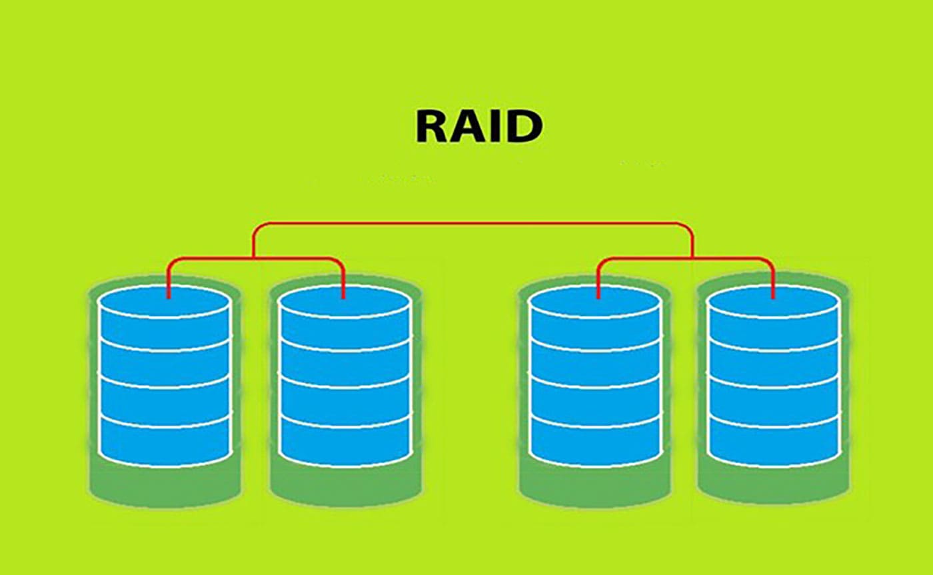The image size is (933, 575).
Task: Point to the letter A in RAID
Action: pos(470,127)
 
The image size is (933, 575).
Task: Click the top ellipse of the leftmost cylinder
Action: pos(164,301)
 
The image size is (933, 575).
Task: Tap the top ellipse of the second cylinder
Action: pos(345,301)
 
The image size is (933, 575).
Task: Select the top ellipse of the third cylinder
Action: pos(596,301)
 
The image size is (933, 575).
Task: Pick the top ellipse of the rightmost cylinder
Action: pos(774,301)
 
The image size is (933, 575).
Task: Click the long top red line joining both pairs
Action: pos(472,224)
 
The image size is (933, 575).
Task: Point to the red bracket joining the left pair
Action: pos(256,259)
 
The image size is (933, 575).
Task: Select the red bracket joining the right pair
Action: pos(686,259)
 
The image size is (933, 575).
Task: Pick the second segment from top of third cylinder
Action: pos(596,363)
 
